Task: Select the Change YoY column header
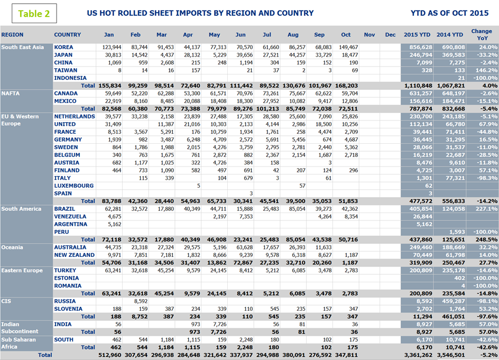coord(481,35)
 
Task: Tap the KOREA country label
coord(63,47)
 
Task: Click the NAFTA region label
coord(11,93)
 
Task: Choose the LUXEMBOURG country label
coord(74,186)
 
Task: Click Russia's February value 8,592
coord(137,301)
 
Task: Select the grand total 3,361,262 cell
coord(418,355)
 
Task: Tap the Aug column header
coord(293,35)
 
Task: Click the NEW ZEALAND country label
coord(75,255)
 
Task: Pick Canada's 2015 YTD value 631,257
coord(418,93)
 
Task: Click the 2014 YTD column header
coord(450,35)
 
